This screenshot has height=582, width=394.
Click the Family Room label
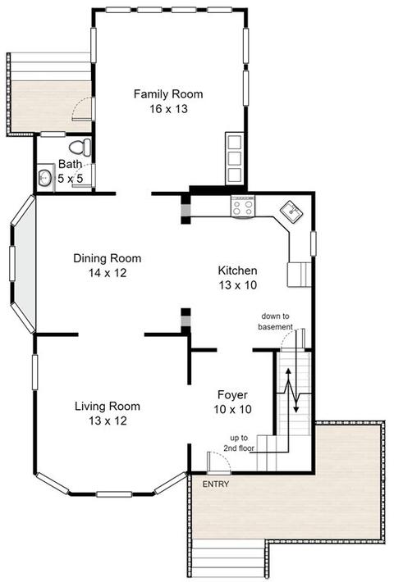(168, 94)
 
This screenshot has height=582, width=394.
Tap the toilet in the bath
(80, 148)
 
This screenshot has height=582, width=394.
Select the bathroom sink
(45, 178)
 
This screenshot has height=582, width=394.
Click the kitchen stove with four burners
(243, 207)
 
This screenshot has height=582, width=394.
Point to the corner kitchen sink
(291, 212)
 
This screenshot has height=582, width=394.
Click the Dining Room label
(108, 258)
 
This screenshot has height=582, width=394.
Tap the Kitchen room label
(237, 271)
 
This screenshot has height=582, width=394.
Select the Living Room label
(108, 406)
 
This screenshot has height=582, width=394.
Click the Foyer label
(232, 394)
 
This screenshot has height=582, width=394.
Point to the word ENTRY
(216, 484)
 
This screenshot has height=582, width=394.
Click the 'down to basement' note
(276, 321)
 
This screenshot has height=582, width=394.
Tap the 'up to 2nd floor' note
(239, 443)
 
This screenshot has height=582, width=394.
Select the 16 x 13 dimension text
(169, 109)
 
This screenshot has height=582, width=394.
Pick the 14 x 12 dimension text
(108, 273)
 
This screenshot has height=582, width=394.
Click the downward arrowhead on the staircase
(295, 409)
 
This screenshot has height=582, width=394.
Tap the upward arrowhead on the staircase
(288, 371)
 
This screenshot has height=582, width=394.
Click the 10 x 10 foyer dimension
(232, 409)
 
